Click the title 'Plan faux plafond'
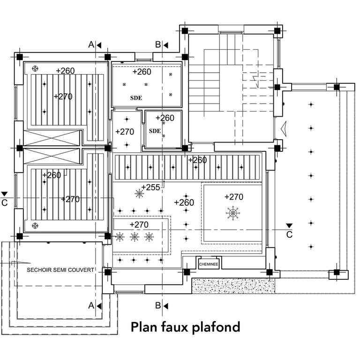coord(186,327)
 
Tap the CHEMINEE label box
coord(209,264)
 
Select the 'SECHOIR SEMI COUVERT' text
coord(60,270)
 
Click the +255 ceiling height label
coord(150,187)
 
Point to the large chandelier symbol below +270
coord(233,213)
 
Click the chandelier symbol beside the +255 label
coord(139,194)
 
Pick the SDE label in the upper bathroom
coord(136,98)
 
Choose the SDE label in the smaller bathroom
coord(155,131)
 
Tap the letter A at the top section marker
coord(91,45)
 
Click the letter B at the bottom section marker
coord(157,305)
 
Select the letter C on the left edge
coord(4,203)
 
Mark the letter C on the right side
coord(289,235)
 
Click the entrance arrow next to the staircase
coord(284,129)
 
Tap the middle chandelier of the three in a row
coord(135,237)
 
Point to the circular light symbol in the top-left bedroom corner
coord(35,68)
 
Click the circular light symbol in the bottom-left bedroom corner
coord(35,225)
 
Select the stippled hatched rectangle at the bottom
coord(233,286)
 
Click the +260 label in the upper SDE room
coord(142,72)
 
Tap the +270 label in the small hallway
coord(125,132)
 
